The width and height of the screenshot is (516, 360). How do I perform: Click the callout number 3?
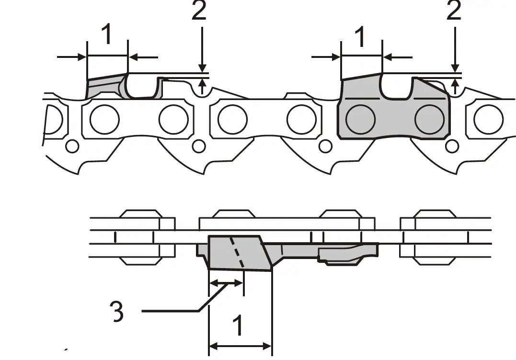[x=115, y=311]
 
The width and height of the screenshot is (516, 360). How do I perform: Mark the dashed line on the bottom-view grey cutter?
[x=237, y=252]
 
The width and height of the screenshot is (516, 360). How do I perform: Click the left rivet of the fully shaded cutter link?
[x=360, y=119]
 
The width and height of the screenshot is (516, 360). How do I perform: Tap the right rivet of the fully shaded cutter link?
[x=429, y=119]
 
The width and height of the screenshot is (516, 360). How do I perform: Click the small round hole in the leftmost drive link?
[x=72, y=146]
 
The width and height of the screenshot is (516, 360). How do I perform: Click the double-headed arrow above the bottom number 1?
[x=241, y=345]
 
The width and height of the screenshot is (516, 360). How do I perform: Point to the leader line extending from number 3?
[x=172, y=311]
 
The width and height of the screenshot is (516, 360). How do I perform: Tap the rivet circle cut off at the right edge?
[x=488, y=119]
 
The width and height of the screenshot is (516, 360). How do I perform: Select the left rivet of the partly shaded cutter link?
[x=104, y=119]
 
